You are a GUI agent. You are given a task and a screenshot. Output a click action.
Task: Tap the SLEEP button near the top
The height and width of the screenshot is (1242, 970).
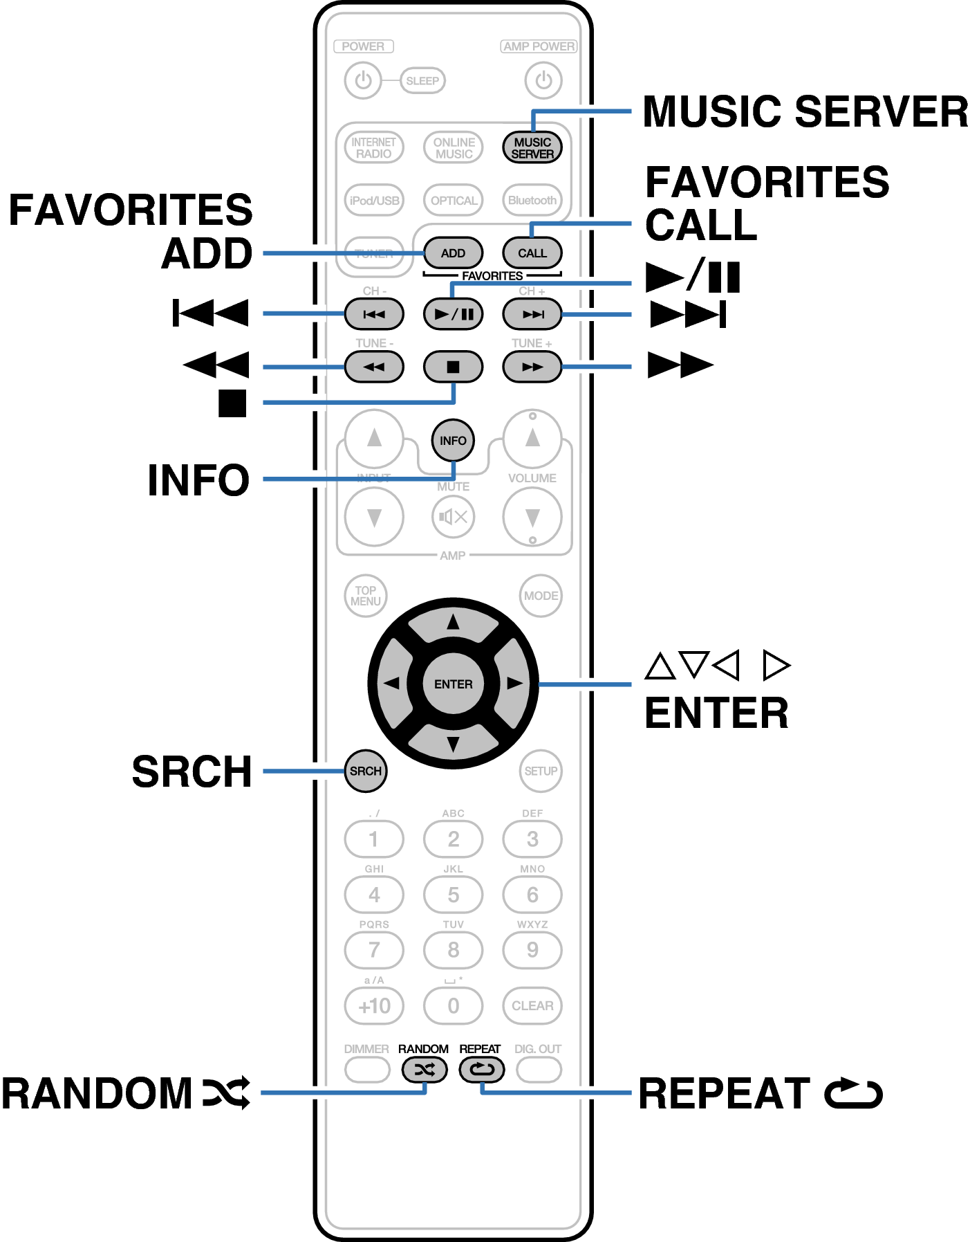coord(422,81)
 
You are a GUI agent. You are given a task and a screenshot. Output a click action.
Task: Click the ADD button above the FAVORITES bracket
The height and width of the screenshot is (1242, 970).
coord(453,253)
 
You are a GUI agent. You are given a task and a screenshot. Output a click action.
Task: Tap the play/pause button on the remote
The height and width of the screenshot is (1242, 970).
coord(453,314)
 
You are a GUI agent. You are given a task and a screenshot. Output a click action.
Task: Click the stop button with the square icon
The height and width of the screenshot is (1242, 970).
coord(453,367)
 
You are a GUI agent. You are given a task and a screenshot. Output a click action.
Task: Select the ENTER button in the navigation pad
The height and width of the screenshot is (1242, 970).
coord(453,684)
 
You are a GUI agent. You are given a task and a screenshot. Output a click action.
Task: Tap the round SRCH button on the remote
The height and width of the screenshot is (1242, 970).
coord(366,771)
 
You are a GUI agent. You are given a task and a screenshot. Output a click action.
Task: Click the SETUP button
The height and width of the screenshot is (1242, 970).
coord(541,771)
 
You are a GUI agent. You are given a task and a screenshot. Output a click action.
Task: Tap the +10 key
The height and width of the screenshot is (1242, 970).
coord(374,1005)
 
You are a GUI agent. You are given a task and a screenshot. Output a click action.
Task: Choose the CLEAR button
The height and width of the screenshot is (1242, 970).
coord(532,1005)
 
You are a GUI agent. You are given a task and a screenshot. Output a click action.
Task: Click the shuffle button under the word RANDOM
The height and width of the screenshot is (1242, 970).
coord(425,1070)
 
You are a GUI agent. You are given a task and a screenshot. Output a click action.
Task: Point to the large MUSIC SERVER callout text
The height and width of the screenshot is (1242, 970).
coord(805,112)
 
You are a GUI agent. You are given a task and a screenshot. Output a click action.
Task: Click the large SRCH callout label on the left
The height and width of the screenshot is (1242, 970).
coord(192,771)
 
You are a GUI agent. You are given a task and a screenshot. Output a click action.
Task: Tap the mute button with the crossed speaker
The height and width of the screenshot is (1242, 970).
coord(453,517)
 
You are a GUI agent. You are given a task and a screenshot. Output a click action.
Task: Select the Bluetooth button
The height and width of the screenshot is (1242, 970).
coord(532,201)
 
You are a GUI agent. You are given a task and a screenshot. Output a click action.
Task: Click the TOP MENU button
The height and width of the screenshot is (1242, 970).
coord(366,596)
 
